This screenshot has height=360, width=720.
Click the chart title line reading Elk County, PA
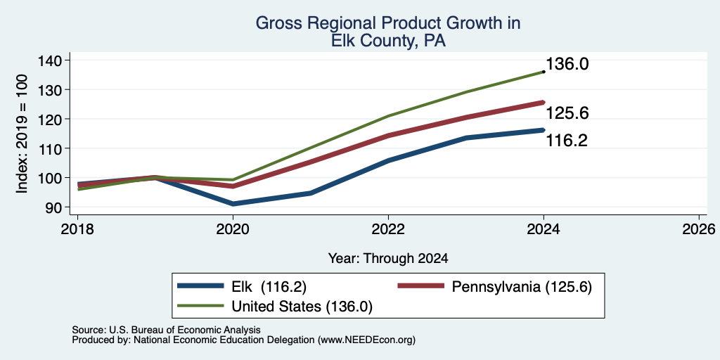(388, 41)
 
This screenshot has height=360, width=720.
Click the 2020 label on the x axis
(233, 229)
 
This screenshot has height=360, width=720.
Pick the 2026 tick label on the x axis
(699, 229)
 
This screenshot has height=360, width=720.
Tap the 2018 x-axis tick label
(77, 229)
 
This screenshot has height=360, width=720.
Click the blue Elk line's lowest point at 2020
(233, 203)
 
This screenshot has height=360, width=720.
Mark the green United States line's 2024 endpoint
(544, 72)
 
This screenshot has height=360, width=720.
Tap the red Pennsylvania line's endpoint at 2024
(544, 103)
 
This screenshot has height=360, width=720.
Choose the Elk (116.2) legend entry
(242, 287)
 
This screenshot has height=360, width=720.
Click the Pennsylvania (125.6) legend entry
(495, 287)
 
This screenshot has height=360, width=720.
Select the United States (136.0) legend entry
(275, 307)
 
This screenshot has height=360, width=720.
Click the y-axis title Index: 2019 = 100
(22, 134)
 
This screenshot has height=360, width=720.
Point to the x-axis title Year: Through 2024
(388, 259)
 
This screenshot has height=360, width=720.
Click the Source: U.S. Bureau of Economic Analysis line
(166, 330)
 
